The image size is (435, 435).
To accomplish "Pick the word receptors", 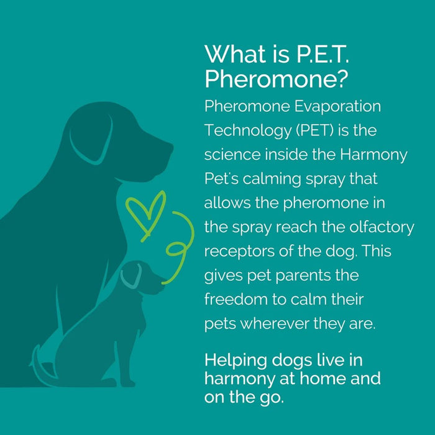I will point(233,251).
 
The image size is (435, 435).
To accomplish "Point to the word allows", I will point(226,203).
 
